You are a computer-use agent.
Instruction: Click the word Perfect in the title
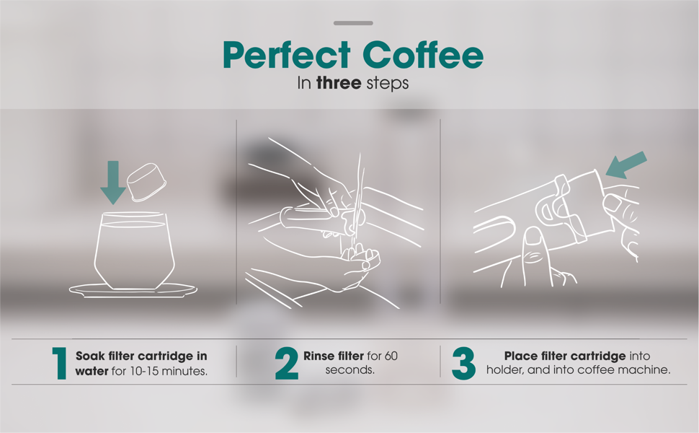(x=287, y=56)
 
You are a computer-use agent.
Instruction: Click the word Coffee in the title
(x=424, y=56)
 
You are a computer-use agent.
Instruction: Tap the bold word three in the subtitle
(x=338, y=83)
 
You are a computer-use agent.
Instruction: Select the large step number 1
(x=60, y=363)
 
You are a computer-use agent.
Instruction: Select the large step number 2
(x=286, y=363)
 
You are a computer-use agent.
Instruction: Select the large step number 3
(x=464, y=363)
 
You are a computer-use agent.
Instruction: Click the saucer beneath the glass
(x=133, y=290)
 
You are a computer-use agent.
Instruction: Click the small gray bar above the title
(x=353, y=23)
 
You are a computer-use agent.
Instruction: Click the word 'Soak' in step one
(x=91, y=356)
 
